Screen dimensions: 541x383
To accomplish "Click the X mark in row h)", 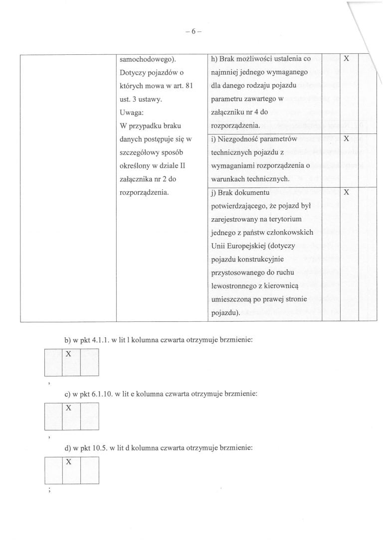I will coord(347,59).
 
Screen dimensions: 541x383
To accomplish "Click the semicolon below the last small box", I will coord(48,490).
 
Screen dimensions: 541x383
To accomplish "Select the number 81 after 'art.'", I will coord(188,86).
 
